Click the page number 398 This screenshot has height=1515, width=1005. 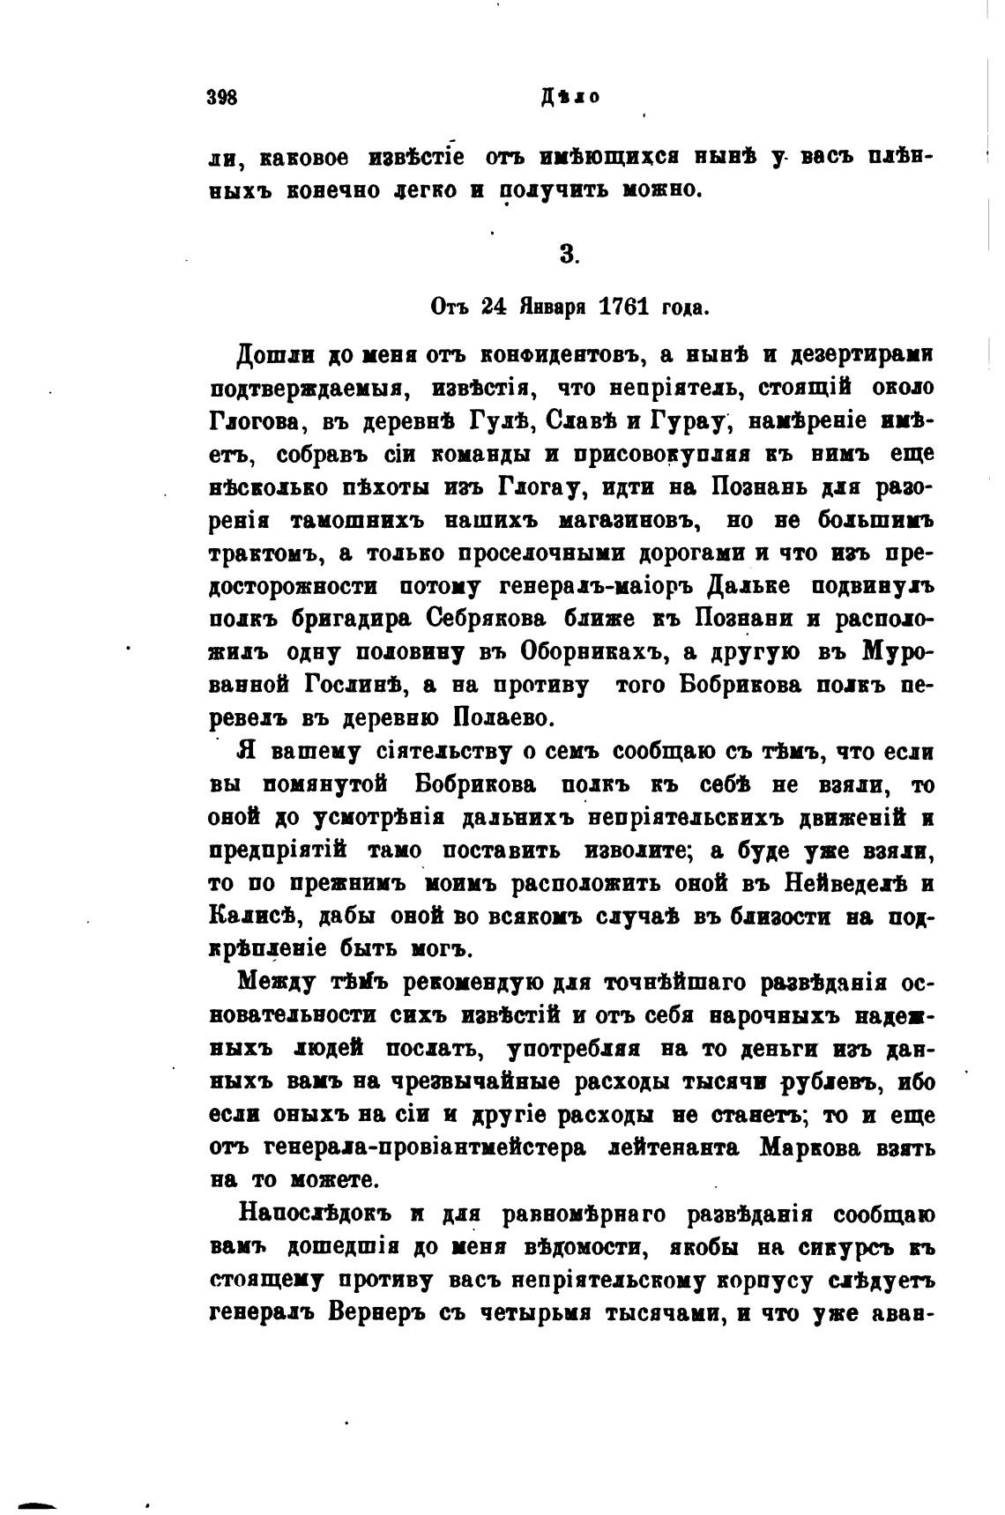coord(222,97)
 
